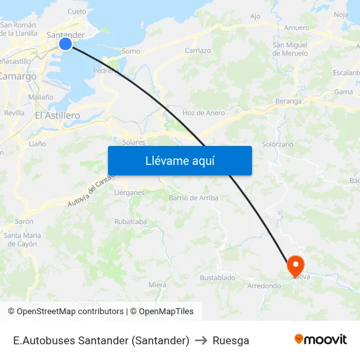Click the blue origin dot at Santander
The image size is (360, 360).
coord(65,44)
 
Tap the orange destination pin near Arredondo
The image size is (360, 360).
coord(296,265)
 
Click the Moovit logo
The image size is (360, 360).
coord(321,340)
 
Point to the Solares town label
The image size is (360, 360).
coord(134,141)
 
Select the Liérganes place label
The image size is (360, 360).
coord(129,192)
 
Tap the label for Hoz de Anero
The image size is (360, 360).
coord(204,113)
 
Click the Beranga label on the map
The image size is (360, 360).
coord(289,101)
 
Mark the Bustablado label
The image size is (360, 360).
coord(217,278)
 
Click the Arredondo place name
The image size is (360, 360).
coord(264,285)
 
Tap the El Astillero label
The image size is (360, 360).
coord(57,115)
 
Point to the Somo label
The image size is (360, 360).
coord(131,50)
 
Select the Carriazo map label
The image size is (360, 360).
coord(198,50)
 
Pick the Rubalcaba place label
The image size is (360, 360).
coord(130,221)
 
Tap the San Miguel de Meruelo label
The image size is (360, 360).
coord(289,48)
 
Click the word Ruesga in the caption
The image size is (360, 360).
coord(231,340)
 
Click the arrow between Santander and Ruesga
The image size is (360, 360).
coord(201,340)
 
